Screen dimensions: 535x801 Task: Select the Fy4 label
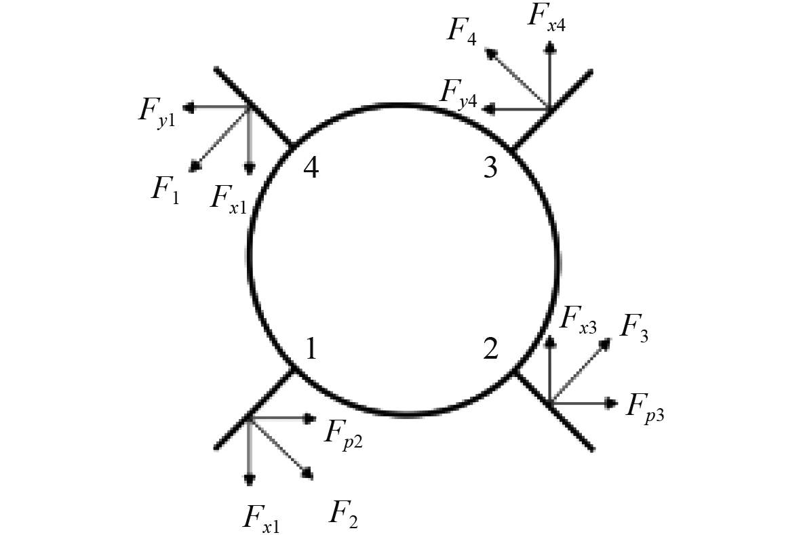click(x=458, y=92)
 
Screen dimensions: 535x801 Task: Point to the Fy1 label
click(x=157, y=111)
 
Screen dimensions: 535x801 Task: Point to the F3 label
click(x=635, y=329)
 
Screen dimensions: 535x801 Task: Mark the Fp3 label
click(x=644, y=408)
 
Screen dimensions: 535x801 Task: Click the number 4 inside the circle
click(x=311, y=167)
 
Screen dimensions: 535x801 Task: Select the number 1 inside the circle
click(x=311, y=349)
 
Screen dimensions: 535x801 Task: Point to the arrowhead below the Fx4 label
click(x=550, y=46)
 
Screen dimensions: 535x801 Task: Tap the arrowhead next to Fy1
click(x=189, y=106)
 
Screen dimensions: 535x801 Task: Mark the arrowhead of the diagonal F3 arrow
click(x=605, y=343)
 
